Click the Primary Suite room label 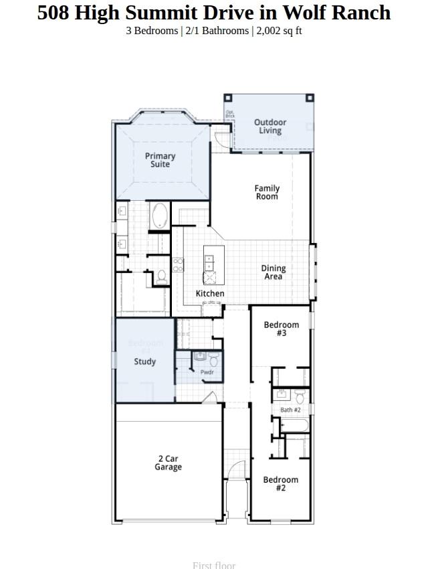[160, 160]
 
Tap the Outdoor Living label [270, 127]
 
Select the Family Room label [267, 193]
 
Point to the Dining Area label [273, 272]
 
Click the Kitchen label [210, 294]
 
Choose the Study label [144, 361]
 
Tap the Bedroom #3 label [281, 329]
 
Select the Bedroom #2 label [280, 484]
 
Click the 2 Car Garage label [168, 463]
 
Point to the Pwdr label [207, 372]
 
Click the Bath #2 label [290, 410]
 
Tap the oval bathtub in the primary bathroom [160, 216]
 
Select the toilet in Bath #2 [300, 397]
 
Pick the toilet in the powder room [213, 359]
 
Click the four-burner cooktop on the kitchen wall [178, 265]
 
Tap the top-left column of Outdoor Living [227, 98]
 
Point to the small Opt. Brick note [230, 114]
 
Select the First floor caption [214, 565]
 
